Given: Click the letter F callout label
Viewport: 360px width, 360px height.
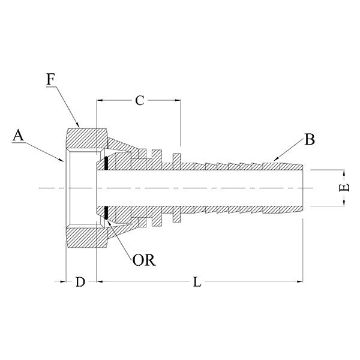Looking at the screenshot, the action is pyautogui.click(x=51, y=79).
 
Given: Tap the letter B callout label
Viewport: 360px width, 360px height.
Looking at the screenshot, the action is pyautogui.click(x=310, y=139).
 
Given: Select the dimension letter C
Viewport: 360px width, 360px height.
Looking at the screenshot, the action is pyautogui.click(x=140, y=100).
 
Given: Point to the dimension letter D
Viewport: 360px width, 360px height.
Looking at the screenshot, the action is pyautogui.click(x=80, y=282).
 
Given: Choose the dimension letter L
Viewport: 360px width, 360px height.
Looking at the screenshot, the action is pyautogui.click(x=197, y=282).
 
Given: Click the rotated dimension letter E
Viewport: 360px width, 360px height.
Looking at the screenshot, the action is pyautogui.click(x=344, y=188).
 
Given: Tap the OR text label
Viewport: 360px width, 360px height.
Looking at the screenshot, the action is pyautogui.click(x=144, y=260).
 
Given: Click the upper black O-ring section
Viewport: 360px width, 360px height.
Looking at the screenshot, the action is pyautogui.click(x=106, y=163).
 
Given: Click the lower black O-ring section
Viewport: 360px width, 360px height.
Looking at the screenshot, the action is pyautogui.click(x=106, y=213).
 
